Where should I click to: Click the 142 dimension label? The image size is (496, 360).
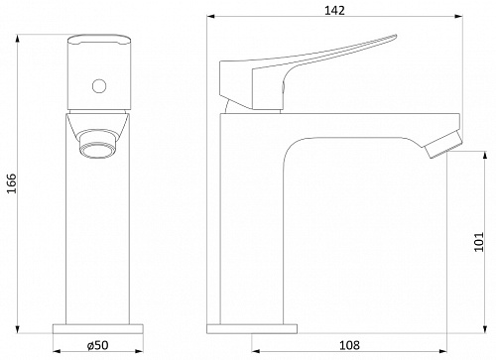[334, 11]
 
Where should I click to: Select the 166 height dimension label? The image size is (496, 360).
[11, 183]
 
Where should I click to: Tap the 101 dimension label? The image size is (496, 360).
[479, 242]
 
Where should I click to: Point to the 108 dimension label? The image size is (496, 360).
[349, 345]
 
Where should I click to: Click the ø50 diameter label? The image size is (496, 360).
[97, 345]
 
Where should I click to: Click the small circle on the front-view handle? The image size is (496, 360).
[99, 86]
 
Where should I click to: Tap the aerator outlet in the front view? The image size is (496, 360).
[99, 144]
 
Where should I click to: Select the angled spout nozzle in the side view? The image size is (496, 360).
[442, 145]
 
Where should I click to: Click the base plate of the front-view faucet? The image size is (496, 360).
[98, 329]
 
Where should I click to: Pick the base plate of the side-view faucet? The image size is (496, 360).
[252, 329]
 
